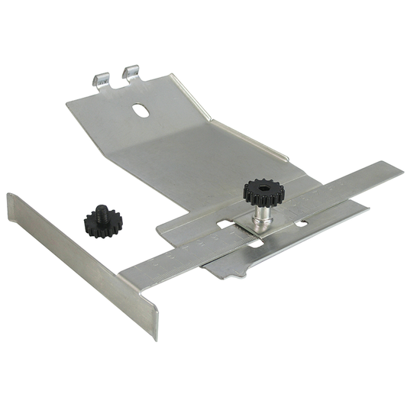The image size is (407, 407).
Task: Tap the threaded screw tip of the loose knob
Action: (x=99, y=209)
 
